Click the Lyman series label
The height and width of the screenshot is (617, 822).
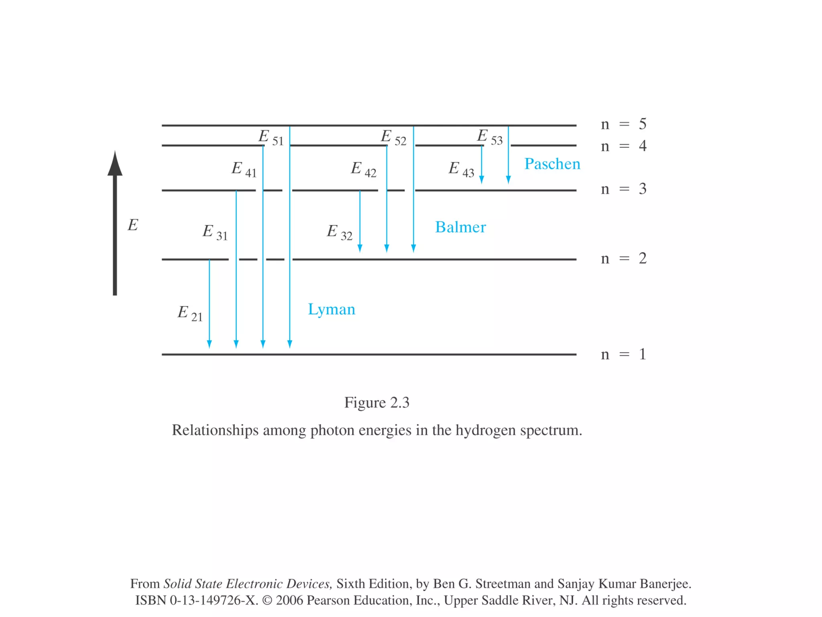tap(332, 310)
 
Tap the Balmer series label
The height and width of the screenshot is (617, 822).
tap(460, 227)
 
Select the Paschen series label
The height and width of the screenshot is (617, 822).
tap(552, 164)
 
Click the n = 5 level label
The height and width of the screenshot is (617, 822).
tap(623, 124)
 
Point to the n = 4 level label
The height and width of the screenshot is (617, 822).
tap(623, 146)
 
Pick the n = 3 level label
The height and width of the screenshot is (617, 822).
tap(623, 189)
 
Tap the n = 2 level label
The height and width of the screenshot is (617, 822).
tap(623, 258)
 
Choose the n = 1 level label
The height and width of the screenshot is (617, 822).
tap(623, 354)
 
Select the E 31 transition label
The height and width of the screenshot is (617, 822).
tap(215, 233)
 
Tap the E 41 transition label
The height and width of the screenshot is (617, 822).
tap(244, 169)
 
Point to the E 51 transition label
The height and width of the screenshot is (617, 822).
tap(271, 137)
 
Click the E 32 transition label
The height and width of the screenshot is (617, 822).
tap(340, 233)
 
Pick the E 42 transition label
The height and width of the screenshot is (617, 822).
tap(364, 169)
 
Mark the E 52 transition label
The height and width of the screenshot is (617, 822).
tap(393, 137)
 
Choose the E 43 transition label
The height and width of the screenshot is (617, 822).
tap(461, 169)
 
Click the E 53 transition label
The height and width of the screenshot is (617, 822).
tap(490, 137)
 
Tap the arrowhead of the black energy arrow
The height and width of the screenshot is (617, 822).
tap(115, 165)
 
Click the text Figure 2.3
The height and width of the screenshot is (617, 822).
tap(376, 402)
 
